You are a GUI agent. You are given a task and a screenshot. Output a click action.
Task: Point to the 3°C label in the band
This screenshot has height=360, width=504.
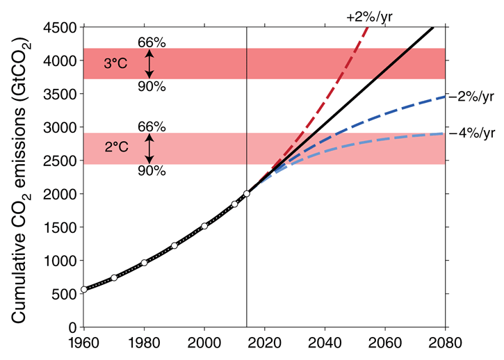116,64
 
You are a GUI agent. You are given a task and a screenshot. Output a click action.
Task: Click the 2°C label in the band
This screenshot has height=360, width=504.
116,148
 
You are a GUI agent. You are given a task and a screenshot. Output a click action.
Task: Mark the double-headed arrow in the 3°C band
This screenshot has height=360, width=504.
148,64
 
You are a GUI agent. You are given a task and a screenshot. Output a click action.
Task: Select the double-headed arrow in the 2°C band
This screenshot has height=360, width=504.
148,148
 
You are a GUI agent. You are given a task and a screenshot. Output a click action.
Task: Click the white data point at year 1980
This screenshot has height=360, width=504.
144,263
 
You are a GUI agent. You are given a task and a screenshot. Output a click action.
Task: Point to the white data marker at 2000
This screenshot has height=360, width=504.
204,226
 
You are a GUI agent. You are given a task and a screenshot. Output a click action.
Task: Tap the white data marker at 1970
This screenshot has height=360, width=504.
114,278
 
